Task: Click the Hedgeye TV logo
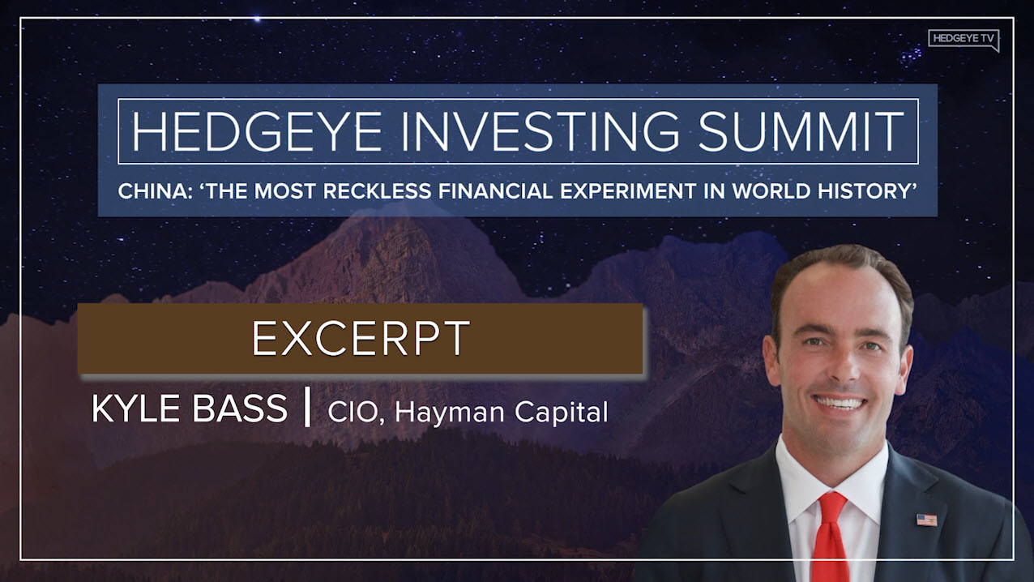click(963, 40)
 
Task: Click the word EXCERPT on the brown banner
click(361, 339)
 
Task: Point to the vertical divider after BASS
click(307, 410)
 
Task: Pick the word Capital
click(562, 413)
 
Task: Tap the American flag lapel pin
click(926, 519)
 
